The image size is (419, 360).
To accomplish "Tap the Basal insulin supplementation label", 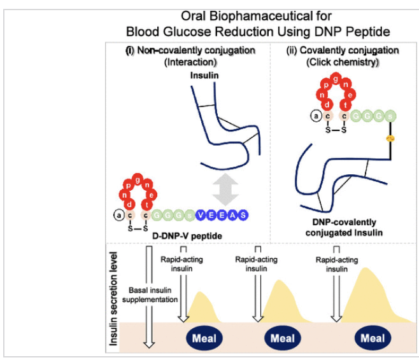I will coord(153,293).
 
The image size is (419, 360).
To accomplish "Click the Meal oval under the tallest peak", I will coord(373,338).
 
